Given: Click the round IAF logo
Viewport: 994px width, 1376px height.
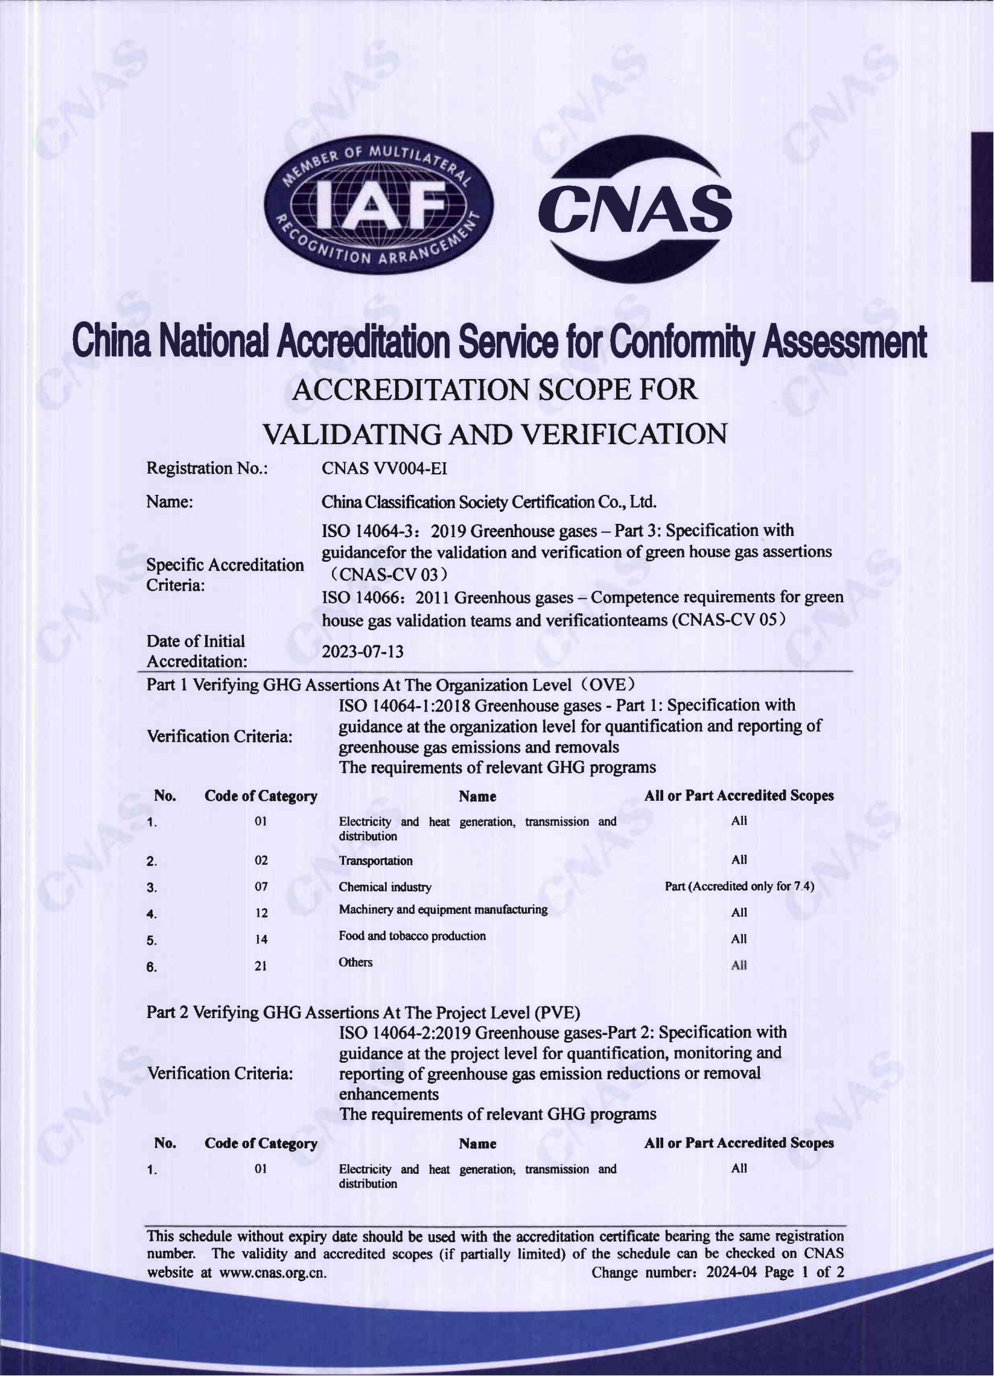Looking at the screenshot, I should click(379, 205).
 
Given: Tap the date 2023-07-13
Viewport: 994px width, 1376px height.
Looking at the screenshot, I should click(362, 652).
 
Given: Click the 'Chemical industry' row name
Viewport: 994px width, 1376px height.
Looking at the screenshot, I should click(384, 887).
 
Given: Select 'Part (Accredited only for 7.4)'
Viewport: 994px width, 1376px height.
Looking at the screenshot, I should click(739, 887).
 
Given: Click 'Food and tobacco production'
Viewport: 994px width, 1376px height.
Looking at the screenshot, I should click(412, 935).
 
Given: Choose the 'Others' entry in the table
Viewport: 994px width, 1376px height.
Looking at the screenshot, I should click(355, 962).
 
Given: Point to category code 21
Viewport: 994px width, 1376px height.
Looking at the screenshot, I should click(261, 966).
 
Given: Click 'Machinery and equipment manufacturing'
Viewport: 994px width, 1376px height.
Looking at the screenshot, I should click(443, 909).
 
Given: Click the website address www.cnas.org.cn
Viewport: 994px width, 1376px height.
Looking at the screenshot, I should click(272, 1272).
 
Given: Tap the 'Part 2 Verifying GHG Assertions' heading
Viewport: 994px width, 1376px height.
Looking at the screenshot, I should click(363, 1013).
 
